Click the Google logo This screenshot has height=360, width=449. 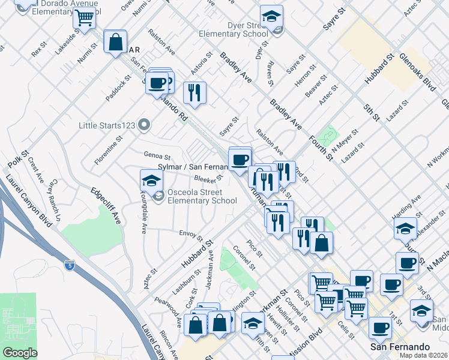pos(20,353)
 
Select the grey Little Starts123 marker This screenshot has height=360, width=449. pos(143,125)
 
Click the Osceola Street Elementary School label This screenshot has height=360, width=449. pos(202,196)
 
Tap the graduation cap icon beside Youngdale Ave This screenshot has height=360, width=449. pos(151,179)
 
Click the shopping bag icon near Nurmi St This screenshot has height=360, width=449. pos(115,42)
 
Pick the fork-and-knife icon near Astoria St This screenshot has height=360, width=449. pos(194,92)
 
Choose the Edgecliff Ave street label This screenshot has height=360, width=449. pos(106,204)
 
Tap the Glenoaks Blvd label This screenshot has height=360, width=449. pos(418,74)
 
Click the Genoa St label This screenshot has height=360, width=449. pos(157,155)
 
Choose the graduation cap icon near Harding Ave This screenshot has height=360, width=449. pos(405,228)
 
